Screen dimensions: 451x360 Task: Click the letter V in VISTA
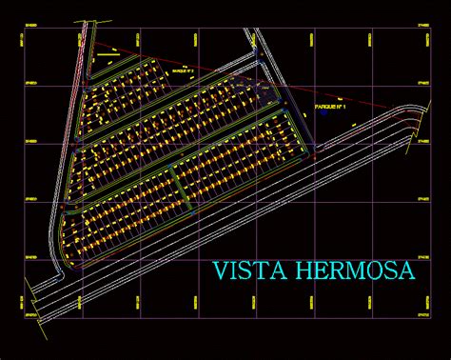click(x=220, y=271)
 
